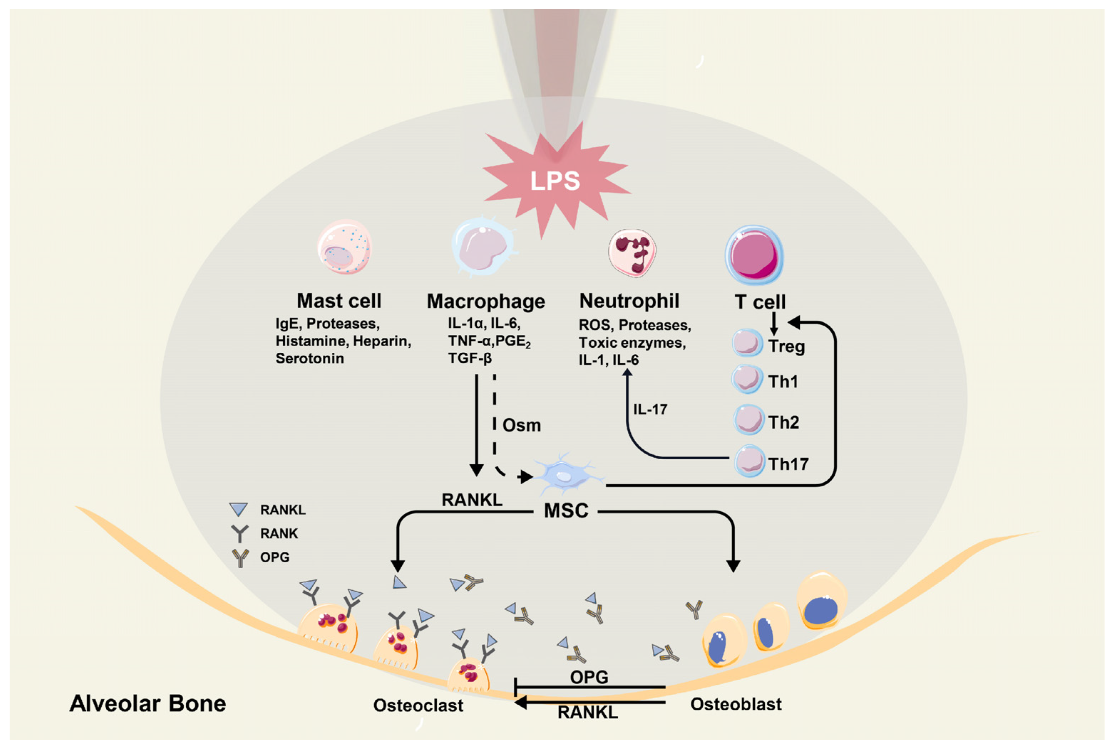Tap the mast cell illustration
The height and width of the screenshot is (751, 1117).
344,247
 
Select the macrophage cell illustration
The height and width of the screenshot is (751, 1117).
483,247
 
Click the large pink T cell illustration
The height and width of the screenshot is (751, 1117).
754,255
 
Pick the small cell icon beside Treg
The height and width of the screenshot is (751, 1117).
747,343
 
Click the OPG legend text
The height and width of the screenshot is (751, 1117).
275,557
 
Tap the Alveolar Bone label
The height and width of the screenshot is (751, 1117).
148,704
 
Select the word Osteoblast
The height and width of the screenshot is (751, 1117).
736,704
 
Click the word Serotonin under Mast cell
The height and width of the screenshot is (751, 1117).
309,358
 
